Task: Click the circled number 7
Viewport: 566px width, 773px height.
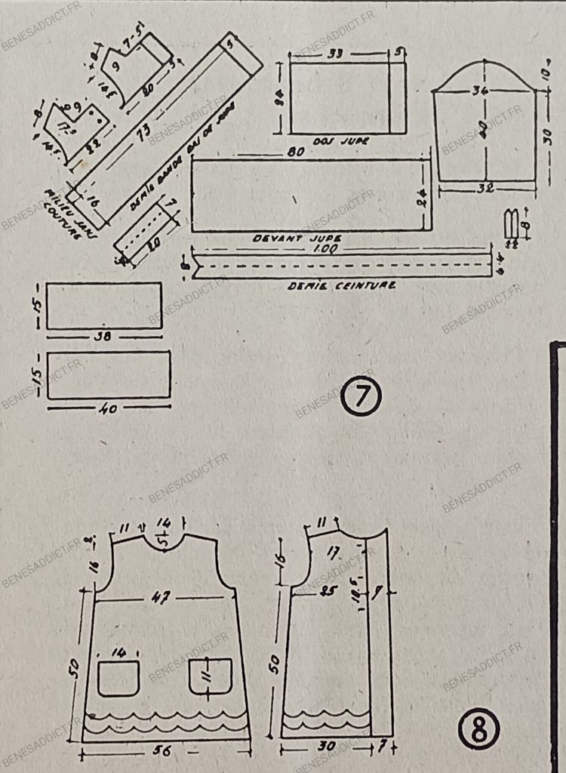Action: [361, 397]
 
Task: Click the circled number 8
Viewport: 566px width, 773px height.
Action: [478, 728]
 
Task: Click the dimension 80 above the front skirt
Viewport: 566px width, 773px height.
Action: [296, 152]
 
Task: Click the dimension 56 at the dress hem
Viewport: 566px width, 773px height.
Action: [160, 752]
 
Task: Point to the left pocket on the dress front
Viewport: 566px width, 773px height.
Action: [118, 677]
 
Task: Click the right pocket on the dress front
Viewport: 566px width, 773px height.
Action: [211, 677]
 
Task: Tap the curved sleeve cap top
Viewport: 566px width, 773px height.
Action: [484, 65]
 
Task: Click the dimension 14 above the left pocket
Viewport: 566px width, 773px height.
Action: [118, 651]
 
